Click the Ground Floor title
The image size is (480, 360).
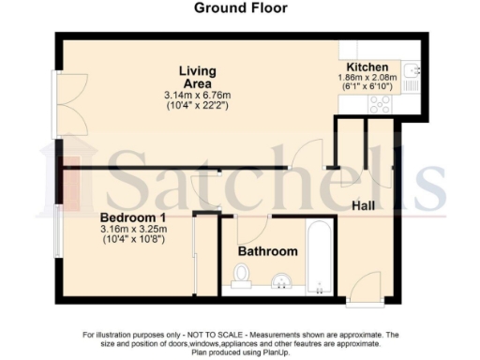click(240, 9)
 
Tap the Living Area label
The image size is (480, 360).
click(198, 78)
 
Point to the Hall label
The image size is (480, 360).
click(365, 205)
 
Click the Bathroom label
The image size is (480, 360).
click(267, 251)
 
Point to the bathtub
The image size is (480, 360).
click(319, 259)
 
